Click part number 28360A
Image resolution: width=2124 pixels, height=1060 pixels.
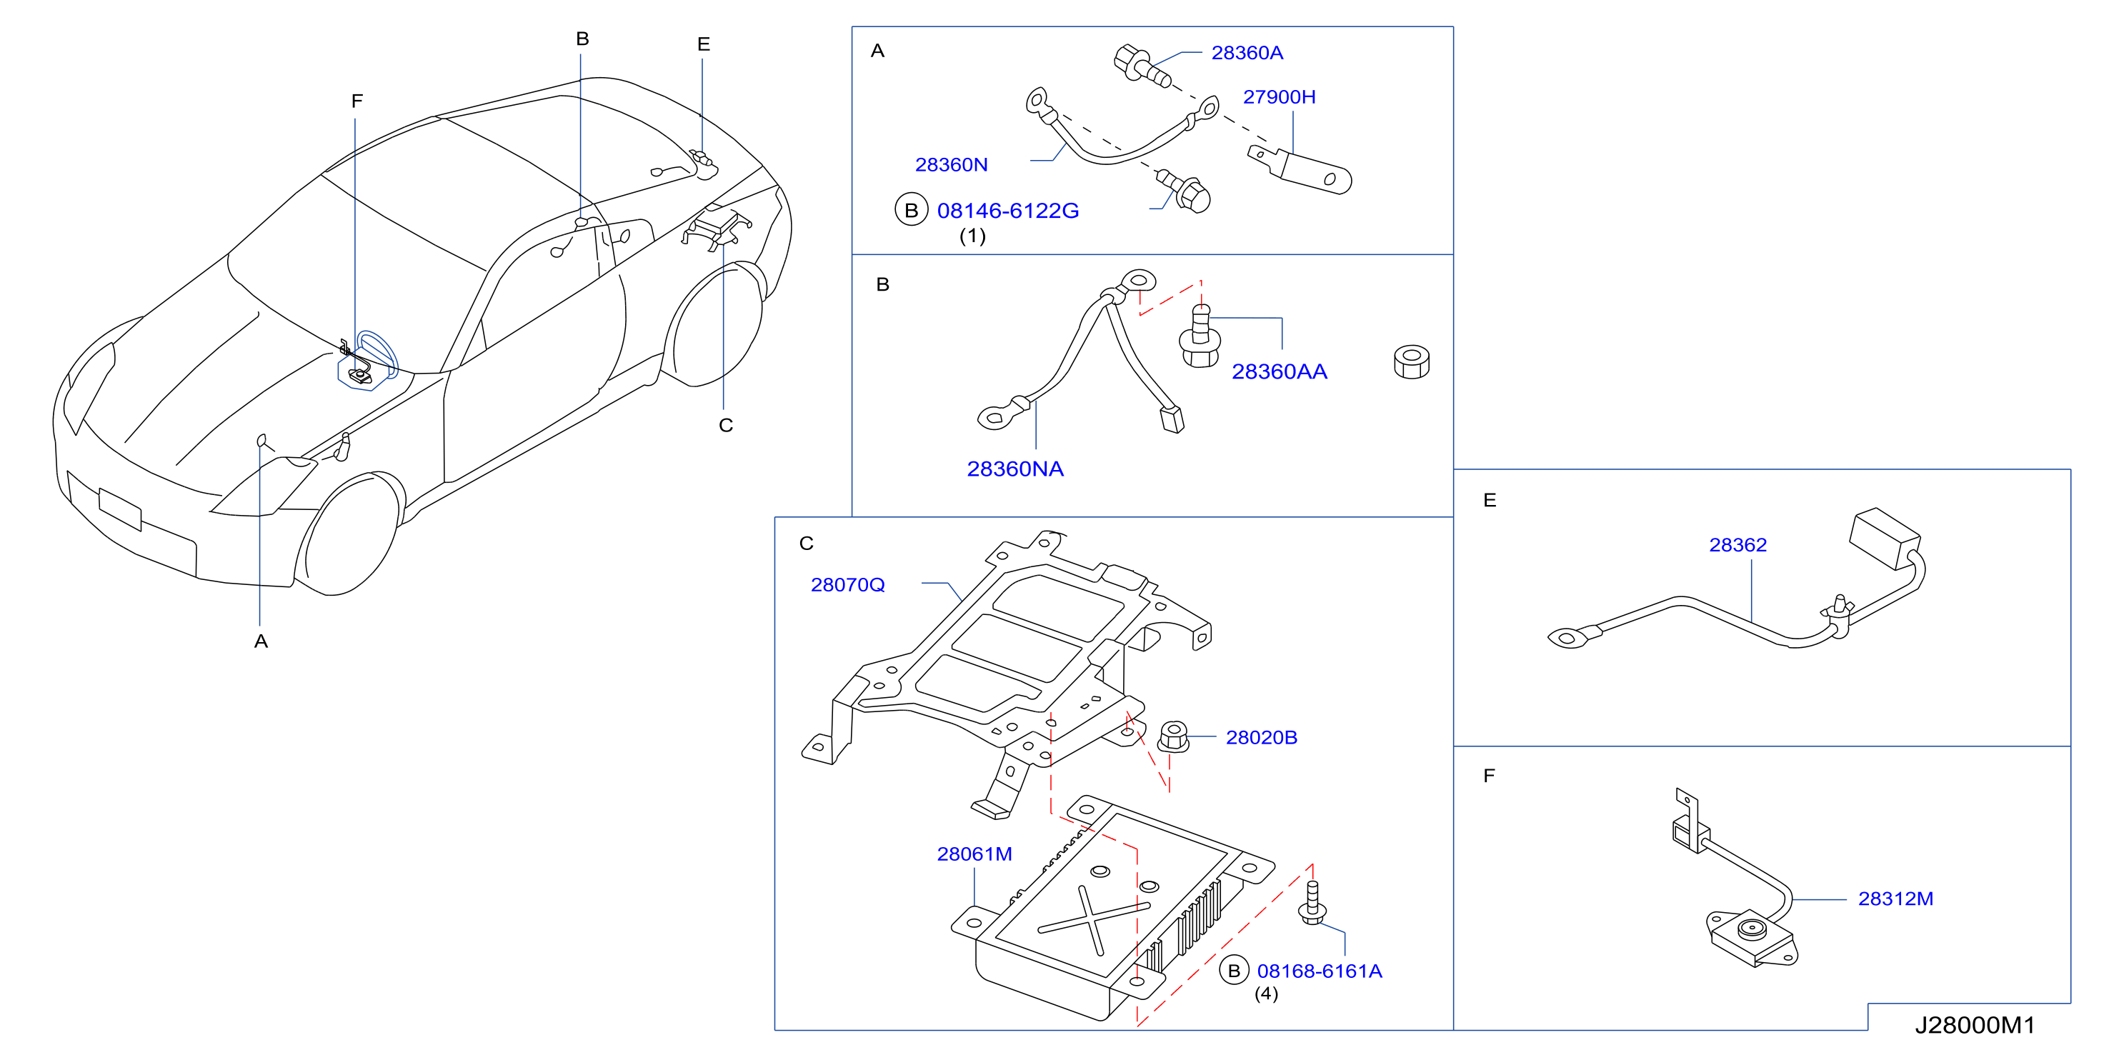pyautogui.click(x=1247, y=53)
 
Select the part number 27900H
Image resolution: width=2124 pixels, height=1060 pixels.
pyautogui.click(x=1279, y=97)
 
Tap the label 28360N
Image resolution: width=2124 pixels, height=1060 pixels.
pyautogui.click(x=952, y=165)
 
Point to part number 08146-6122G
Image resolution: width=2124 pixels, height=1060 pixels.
pyautogui.click(x=1007, y=211)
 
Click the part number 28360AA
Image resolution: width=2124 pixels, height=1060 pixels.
pyautogui.click(x=1279, y=371)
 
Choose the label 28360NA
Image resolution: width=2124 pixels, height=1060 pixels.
pyautogui.click(x=1015, y=469)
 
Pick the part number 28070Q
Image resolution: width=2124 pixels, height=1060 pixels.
pyautogui.click(x=847, y=585)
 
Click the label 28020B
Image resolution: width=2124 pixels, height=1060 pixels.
pyautogui.click(x=1262, y=738)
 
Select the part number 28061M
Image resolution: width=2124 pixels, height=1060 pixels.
pyautogui.click(x=974, y=854)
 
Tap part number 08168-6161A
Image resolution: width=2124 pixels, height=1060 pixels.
pyautogui.click(x=1320, y=971)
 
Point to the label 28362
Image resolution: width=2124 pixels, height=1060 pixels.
pyautogui.click(x=1737, y=545)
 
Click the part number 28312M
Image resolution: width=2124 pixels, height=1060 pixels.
pyautogui.click(x=1895, y=899)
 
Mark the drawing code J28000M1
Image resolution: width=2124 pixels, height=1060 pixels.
pyautogui.click(x=1975, y=1026)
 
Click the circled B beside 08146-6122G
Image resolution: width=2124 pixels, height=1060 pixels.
pyautogui.click(x=911, y=210)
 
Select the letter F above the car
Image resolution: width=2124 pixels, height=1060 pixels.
pyautogui.click(x=357, y=101)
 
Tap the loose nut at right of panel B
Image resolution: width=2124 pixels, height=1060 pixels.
pyautogui.click(x=1411, y=362)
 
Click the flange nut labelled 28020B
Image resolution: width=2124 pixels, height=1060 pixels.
pyautogui.click(x=1172, y=736)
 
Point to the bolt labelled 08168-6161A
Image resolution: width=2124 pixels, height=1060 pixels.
pyautogui.click(x=1312, y=903)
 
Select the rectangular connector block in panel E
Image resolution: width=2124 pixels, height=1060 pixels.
pyautogui.click(x=1885, y=539)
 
